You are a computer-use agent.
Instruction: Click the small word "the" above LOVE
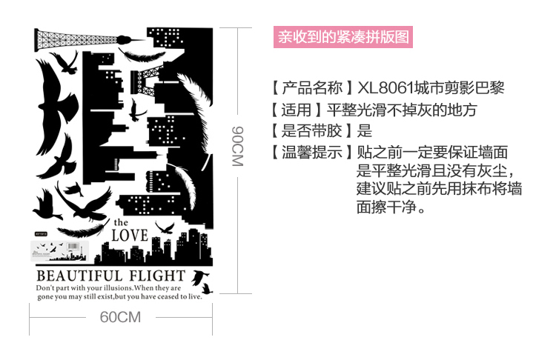click(x=122, y=222)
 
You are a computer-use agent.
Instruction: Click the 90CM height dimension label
click(x=237, y=145)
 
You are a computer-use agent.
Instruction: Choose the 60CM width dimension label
click(x=119, y=318)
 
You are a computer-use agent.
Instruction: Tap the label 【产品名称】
click(x=312, y=89)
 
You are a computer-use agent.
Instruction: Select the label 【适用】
click(x=297, y=110)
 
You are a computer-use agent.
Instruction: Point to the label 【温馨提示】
click(x=312, y=153)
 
